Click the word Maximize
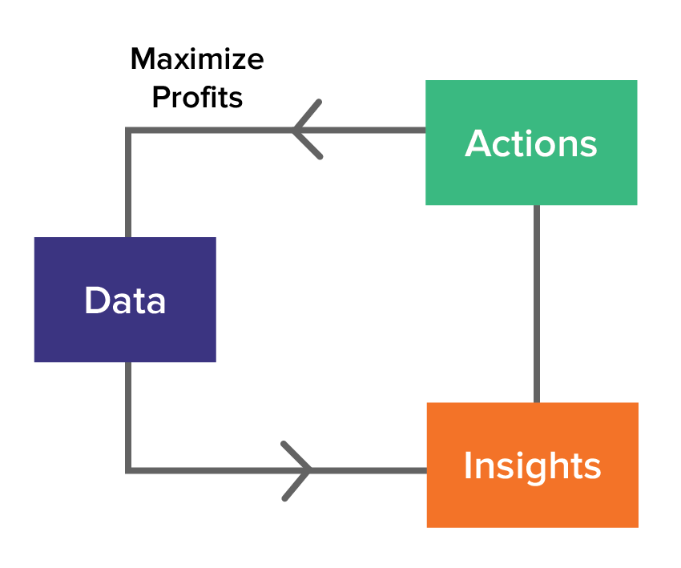pos(196,58)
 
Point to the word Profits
pos(197,98)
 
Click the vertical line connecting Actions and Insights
pos(536,304)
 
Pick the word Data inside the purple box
pos(125,301)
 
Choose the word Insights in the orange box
pos(532,466)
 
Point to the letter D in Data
pos(96,301)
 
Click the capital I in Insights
pos(468,466)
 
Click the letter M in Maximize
pos(143,58)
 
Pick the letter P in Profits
pos(159,98)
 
